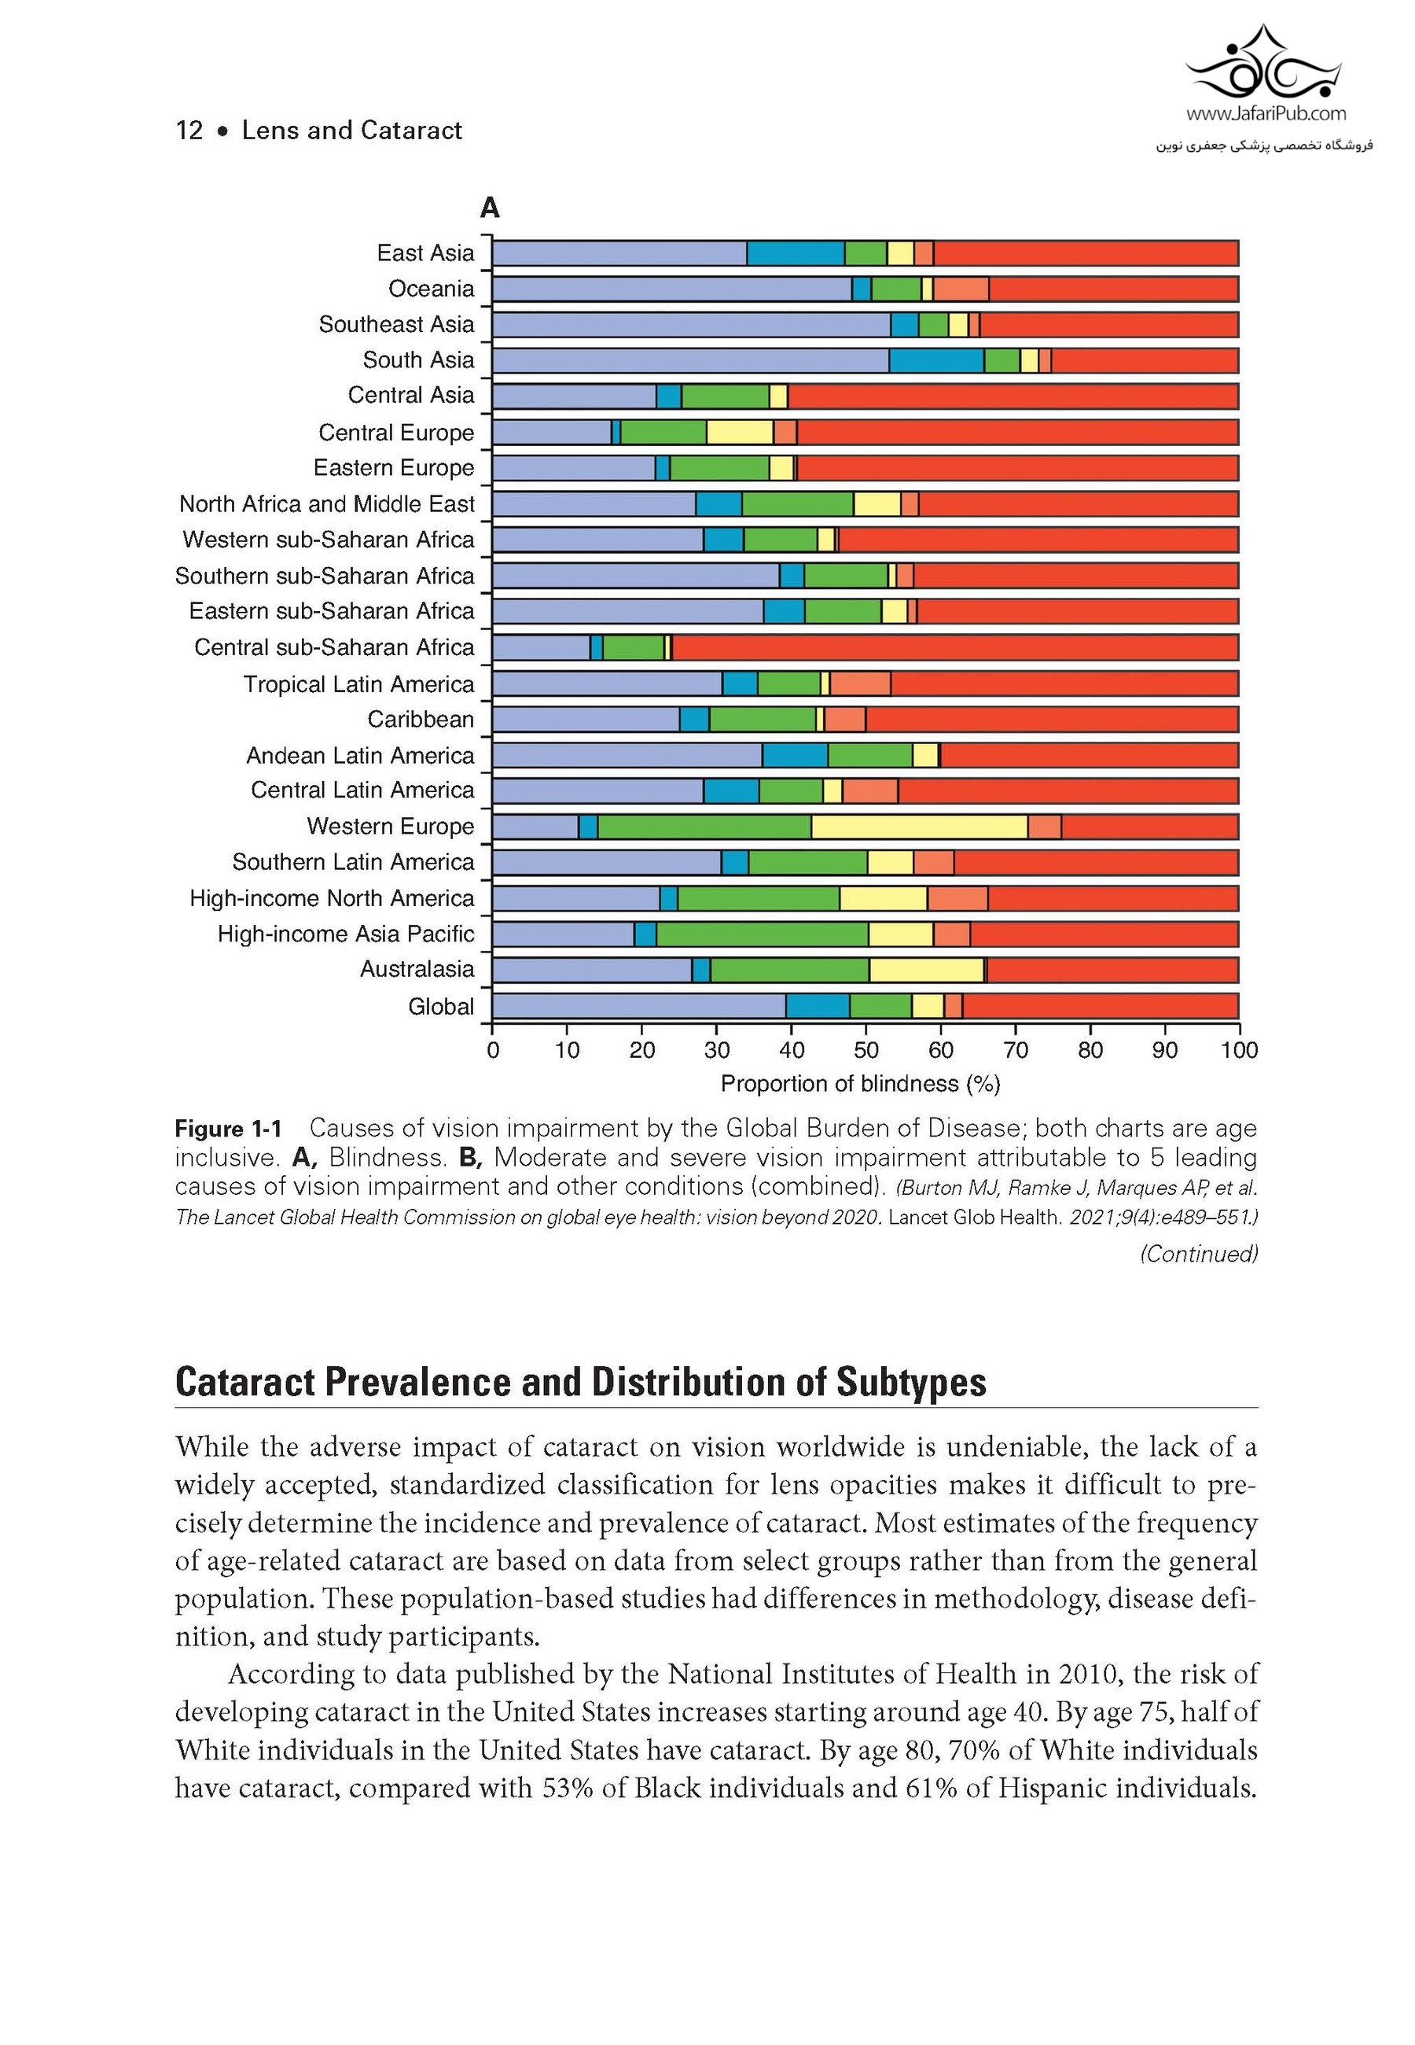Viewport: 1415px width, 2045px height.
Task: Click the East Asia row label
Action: click(424, 253)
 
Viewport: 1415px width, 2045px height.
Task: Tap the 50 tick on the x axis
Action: click(866, 1050)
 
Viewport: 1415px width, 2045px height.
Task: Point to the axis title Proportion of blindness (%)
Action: click(859, 1084)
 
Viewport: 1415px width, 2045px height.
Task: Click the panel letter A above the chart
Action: click(490, 208)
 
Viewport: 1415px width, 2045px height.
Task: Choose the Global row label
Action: click(441, 1007)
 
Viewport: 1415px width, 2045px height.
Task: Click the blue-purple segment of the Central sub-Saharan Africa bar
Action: click(541, 648)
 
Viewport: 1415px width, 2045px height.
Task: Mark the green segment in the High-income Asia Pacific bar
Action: click(762, 934)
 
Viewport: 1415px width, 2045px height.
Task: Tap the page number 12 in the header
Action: click(189, 131)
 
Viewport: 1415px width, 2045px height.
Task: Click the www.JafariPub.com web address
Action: click(1265, 113)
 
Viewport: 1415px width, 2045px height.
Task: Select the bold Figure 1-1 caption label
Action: click(228, 1129)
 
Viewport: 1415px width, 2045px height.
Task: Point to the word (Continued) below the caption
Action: click(1198, 1254)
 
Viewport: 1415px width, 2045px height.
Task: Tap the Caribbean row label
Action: click(421, 719)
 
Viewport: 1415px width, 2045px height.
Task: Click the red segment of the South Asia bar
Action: click(1144, 361)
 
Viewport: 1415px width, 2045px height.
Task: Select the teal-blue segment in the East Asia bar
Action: click(795, 253)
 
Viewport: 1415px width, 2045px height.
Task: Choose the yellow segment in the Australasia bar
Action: click(925, 970)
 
